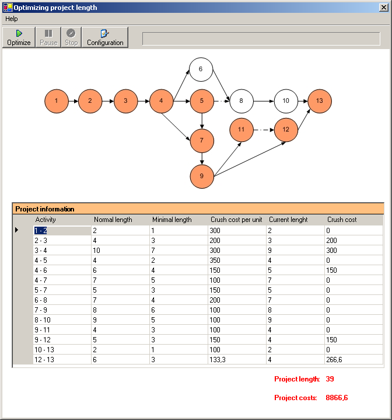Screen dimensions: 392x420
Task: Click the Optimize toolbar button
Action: pos(19,37)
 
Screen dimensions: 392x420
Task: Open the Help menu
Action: pos(12,19)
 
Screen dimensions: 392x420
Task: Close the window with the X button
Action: pos(384,7)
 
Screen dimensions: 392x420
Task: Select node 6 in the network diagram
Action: pos(201,70)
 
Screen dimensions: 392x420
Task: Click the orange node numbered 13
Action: pos(320,101)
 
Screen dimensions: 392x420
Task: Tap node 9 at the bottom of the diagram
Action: pos(202,176)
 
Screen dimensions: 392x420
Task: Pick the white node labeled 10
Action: pos(286,101)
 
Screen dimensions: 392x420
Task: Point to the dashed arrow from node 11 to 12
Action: pos(264,130)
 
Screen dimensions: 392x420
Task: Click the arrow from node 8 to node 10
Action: pos(264,101)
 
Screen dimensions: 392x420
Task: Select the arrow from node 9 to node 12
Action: pos(250,159)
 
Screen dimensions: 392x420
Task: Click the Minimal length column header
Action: pos(172,220)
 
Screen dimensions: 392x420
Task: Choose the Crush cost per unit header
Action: pos(236,220)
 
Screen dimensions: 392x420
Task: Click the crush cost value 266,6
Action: pos(334,359)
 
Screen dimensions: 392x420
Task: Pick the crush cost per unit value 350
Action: pos(215,261)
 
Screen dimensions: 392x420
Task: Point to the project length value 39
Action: pos(330,379)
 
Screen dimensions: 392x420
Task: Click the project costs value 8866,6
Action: pos(337,398)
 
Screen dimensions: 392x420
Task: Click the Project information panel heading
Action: pos(45,209)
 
